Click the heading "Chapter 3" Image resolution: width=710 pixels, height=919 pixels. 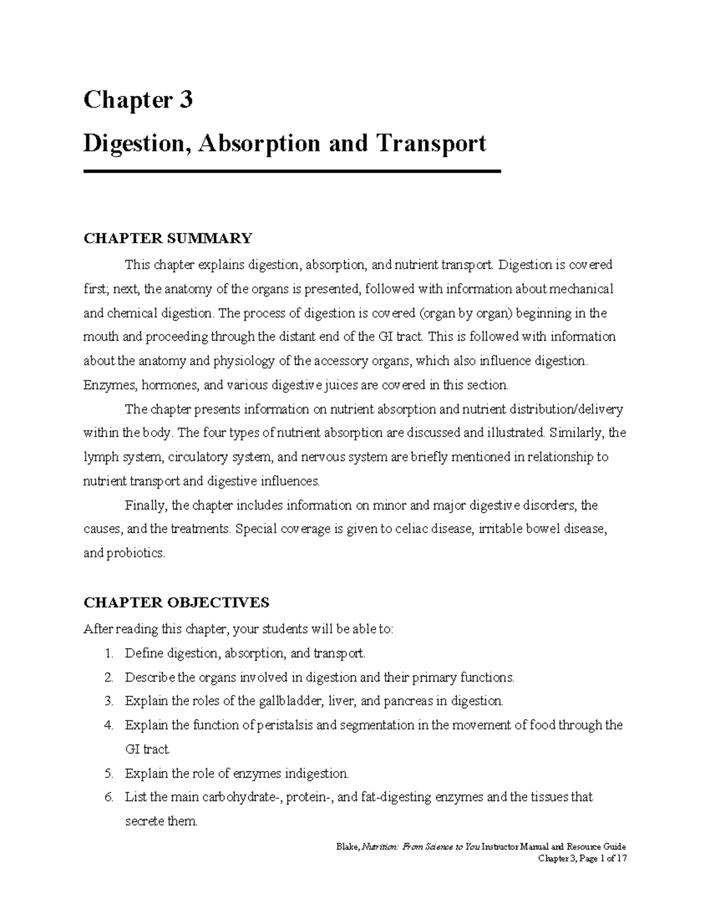tap(138, 100)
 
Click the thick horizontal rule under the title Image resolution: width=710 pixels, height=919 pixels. tap(292, 172)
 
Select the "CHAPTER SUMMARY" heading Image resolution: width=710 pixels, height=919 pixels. tap(167, 238)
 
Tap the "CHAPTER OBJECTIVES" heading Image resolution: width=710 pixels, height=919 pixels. tap(176, 602)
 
